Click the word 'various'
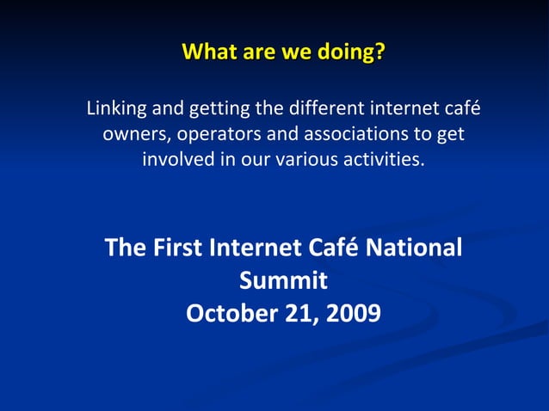click(306, 160)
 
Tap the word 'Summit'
click(282, 280)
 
